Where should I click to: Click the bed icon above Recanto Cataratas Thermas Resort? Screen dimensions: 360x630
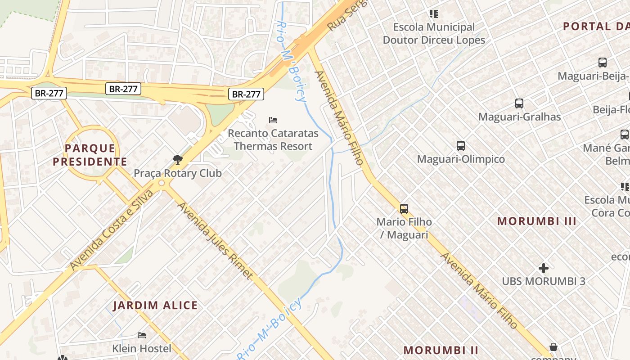click(x=273, y=120)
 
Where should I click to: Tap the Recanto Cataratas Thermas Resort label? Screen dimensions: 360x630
click(x=273, y=140)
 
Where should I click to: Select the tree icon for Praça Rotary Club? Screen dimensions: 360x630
click(x=178, y=159)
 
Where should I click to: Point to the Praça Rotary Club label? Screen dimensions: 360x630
click(x=178, y=173)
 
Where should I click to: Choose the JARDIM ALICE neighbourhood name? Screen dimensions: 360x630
click(x=155, y=306)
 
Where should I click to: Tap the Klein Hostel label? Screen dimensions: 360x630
click(x=142, y=348)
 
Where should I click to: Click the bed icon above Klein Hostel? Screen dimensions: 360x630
click(x=142, y=335)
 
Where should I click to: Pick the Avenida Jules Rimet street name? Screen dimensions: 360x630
click(x=216, y=241)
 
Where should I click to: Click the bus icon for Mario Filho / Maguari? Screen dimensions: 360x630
click(x=404, y=209)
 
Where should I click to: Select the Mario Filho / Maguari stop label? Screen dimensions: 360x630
click(x=404, y=228)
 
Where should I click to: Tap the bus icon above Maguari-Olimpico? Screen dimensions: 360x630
click(x=461, y=146)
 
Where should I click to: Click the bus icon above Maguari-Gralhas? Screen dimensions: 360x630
click(x=519, y=103)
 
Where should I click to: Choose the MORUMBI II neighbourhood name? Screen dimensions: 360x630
click(x=441, y=350)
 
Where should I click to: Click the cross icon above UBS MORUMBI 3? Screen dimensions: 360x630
click(x=544, y=268)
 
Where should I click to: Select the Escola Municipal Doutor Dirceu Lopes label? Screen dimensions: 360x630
click(x=434, y=33)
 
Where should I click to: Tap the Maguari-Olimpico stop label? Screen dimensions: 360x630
click(x=461, y=159)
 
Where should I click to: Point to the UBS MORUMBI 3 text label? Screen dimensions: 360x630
click(x=544, y=281)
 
